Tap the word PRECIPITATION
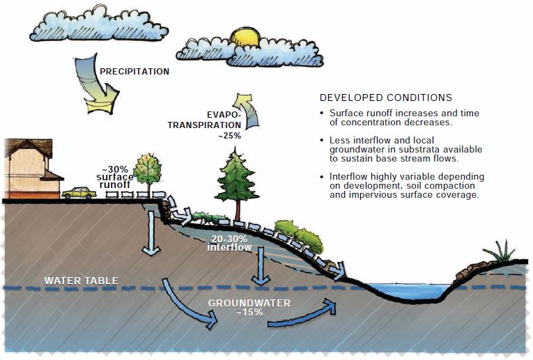[x=134, y=71]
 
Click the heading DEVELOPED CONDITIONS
[x=385, y=97]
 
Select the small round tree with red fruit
[x=147, y=170]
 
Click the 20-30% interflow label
[x=229, y=242]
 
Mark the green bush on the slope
[x=300, y=235]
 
